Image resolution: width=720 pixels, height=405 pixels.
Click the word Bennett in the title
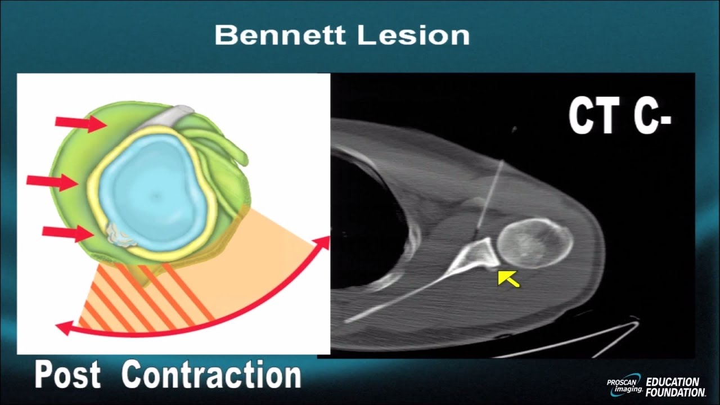tap(278, 35)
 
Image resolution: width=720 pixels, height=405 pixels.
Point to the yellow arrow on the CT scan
tap(508, 277)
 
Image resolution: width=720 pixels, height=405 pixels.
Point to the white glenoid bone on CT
tap(478, 256)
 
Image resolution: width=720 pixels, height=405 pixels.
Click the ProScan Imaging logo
tap(624, 385)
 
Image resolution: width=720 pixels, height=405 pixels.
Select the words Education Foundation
tap(674, 387)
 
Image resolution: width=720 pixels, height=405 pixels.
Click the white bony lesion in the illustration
tap(121, 236)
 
